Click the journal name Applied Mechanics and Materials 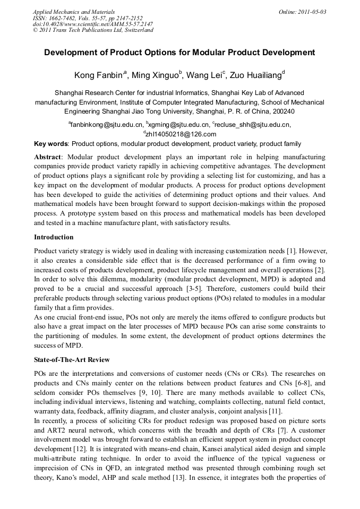(73, 11)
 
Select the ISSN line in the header (88, 18)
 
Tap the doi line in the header (92, 24)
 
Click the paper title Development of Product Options (179, 53)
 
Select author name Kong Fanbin (98, 75)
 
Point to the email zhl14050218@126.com (181, 134)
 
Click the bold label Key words (51, 144)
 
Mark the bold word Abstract (48, 157)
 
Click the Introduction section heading (54, 237)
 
